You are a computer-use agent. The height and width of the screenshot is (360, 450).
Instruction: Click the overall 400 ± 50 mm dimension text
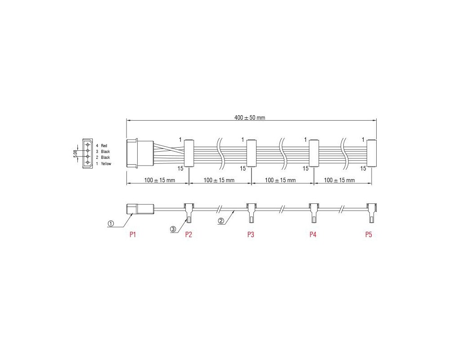pyautogui.click(x=250, y=117)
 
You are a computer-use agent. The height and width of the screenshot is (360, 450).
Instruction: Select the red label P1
pyautogui.click(x=133, y=234)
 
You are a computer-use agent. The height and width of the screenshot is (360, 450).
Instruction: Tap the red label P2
pyautogui.click(x=189, y=234)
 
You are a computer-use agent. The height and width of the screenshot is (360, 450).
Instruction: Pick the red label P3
pyautogui.click(x=251, y=234)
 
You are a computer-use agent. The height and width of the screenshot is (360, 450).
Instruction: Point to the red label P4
pyautogui.click(x=313, y=234)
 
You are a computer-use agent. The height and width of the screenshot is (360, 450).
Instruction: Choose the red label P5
pyautogui.click(x=369, y=234)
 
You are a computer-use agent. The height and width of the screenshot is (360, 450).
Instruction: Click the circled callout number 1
pyautogui.click(x=111, y=223)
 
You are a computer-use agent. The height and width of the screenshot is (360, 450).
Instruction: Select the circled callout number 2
pyautogui.click(x=221, y=220)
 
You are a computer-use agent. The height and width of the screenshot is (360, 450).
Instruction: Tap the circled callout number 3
pyautogui.click(x=173, y=229)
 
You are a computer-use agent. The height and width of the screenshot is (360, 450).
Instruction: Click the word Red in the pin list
pyautogui.click(x=104, y=146)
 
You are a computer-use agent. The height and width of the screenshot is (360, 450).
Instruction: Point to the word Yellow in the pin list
pyautogui.click(x=106, y=164)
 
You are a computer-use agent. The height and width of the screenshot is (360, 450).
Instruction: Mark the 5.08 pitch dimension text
pyautogui.click(x=75, y=154)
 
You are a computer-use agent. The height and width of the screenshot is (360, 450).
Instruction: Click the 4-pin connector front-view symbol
pyautogui.click(x=87, y=154)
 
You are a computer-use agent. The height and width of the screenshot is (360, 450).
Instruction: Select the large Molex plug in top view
pyautogui.click(x=139, y=154)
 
